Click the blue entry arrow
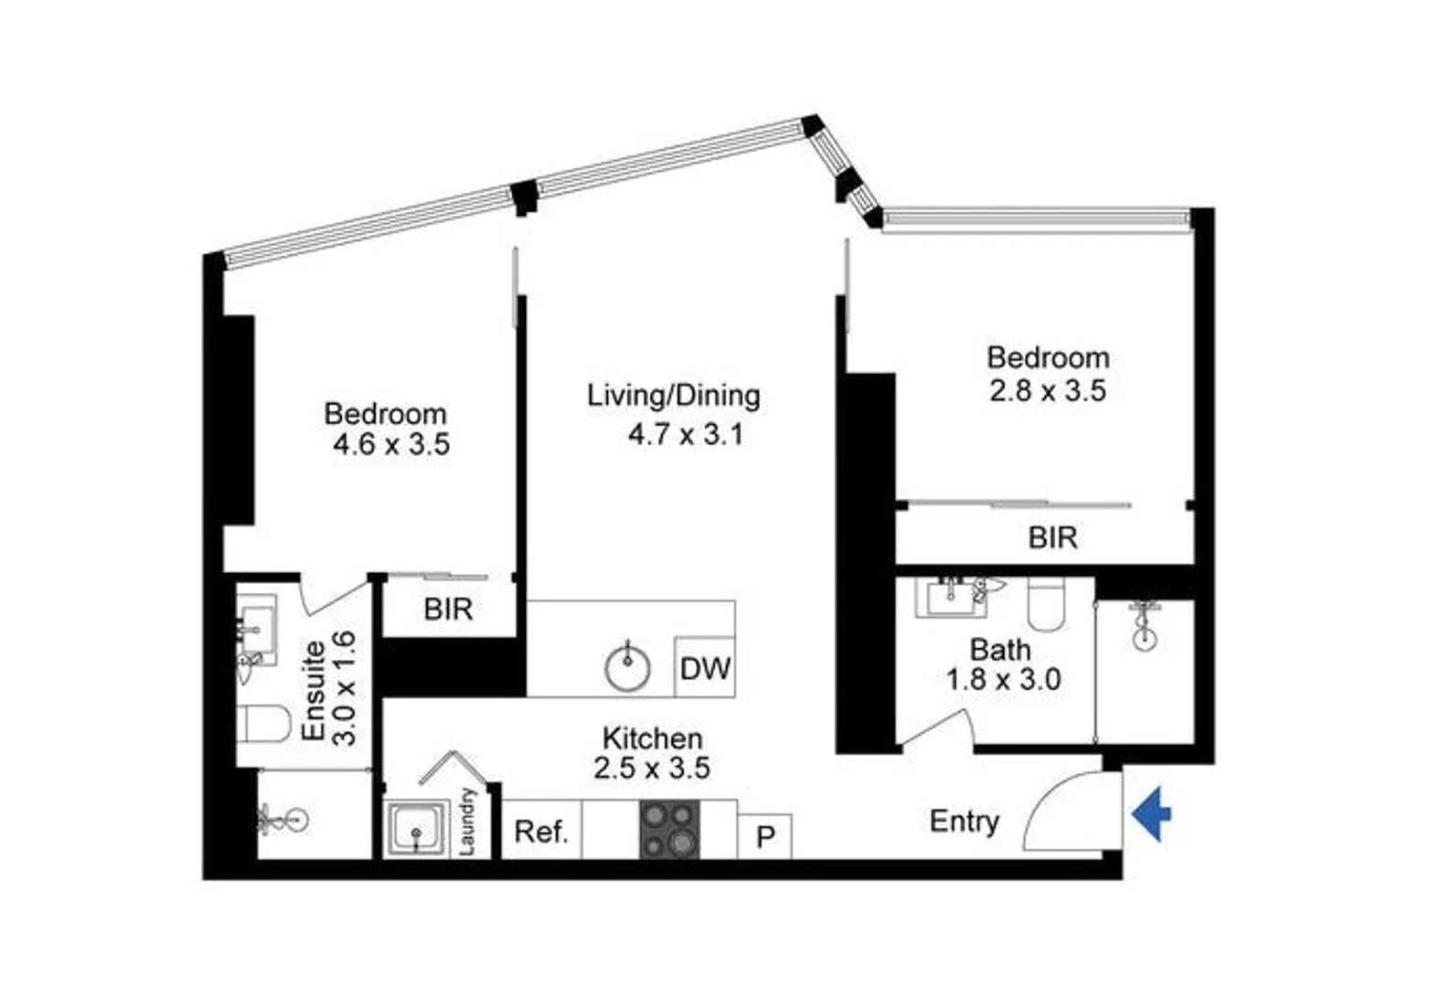point(1153,812)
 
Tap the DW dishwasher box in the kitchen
point(705,667)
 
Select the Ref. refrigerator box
point(541,831)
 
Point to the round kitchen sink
point(628,667)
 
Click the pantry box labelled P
point(765,836)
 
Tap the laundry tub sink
point(417,830)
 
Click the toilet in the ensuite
point(263,723)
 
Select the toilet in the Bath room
point(1044,604)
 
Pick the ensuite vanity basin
point(256,626)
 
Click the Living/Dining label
point(674,396)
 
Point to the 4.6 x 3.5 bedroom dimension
point(391,445)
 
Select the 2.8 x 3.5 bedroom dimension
point(1048,390)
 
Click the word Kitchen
point(652,738)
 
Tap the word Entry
point(964,821)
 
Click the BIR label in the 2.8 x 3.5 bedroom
point(1052,537)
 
